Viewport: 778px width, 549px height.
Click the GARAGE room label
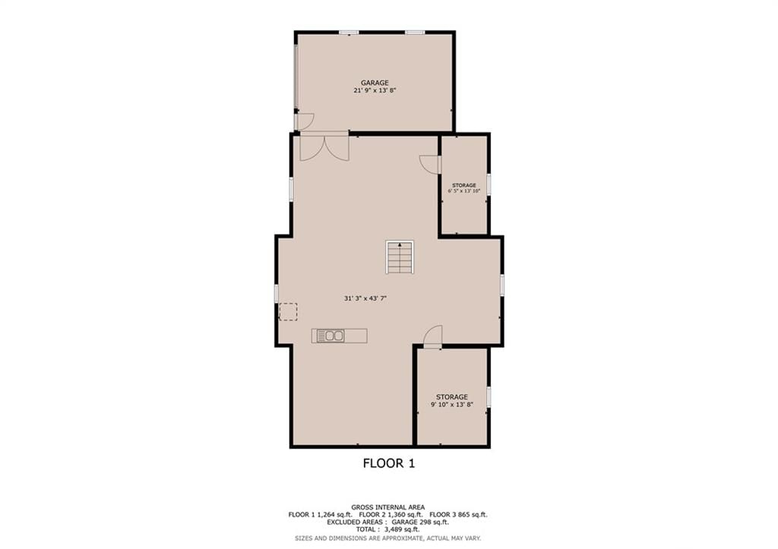tap(375, 83)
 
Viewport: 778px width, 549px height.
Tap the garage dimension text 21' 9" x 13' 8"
tap(375, 91)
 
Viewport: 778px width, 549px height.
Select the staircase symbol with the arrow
tap(400, 257)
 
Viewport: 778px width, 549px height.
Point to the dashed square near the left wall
tap(288, 311)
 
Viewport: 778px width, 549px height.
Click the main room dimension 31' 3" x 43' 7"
tap(365, 298)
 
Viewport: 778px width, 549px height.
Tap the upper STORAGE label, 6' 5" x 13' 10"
tap(464, 188)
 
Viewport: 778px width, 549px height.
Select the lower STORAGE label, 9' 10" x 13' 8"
tap(452, 401)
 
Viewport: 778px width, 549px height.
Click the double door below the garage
tap(324, 147)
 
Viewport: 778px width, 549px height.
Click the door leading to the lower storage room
tap(432, 336)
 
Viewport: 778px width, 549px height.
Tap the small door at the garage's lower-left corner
tap(304, 121)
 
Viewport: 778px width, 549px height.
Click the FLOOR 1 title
tap(389, 464)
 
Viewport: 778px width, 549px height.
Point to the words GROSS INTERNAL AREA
tap(388, 507)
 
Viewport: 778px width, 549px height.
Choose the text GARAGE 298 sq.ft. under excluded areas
tap(420, 522)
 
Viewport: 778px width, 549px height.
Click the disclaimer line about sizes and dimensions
tap(388, 538)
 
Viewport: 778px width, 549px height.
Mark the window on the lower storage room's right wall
tap(489, 398)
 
